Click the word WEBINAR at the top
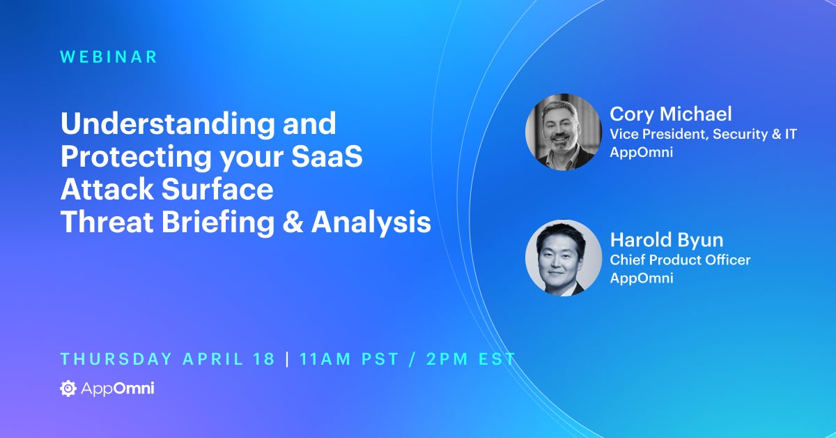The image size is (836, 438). (109, 57)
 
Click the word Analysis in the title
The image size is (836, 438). (371, 222)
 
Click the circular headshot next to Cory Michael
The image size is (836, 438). (563, 133)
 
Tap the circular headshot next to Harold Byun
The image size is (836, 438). (563, 258)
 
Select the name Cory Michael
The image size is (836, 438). (670, 114)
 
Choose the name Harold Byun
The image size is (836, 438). (666, 241)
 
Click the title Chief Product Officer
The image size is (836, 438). (680, 259)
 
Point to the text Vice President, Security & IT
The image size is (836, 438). (703, 134)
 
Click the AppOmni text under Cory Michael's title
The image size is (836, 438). (641, 152)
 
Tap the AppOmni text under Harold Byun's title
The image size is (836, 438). (641, 278)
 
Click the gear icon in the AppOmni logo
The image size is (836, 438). (68, 388)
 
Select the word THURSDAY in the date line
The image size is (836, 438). (116, 359)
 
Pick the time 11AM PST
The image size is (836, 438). (348, 359)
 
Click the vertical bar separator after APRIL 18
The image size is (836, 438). (287, 359)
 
